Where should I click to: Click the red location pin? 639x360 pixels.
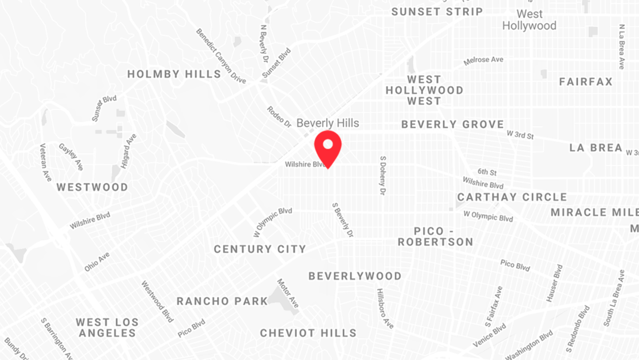point(328,147)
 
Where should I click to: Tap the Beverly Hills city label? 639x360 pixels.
point(327,123)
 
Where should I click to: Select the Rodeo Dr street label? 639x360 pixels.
point(279,117)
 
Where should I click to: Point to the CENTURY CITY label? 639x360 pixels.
point(260,249)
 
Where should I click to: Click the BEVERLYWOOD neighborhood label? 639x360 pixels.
point(355,276)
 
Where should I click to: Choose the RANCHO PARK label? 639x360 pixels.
point(222,301)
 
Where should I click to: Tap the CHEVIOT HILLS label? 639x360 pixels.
point(308,333)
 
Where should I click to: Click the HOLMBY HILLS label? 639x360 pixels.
point(174,74)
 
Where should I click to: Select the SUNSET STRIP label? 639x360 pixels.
point(437,12)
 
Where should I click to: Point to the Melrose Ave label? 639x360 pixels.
point(483,60)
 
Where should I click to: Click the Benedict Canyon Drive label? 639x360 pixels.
point(221,56)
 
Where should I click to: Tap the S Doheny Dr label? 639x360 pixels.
point(383,175)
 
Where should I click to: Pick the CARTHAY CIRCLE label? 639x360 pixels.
point(512,197)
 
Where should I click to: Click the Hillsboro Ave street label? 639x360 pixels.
point(385,308)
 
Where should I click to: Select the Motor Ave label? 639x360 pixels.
point(288,293)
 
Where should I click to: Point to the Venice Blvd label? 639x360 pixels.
point(489,335)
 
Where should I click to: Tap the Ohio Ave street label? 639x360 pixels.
point(97,262)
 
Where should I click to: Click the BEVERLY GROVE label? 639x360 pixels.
point(452,125)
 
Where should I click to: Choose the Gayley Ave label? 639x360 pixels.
point(71,157)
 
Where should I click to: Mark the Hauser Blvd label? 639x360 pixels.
point(554,283)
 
